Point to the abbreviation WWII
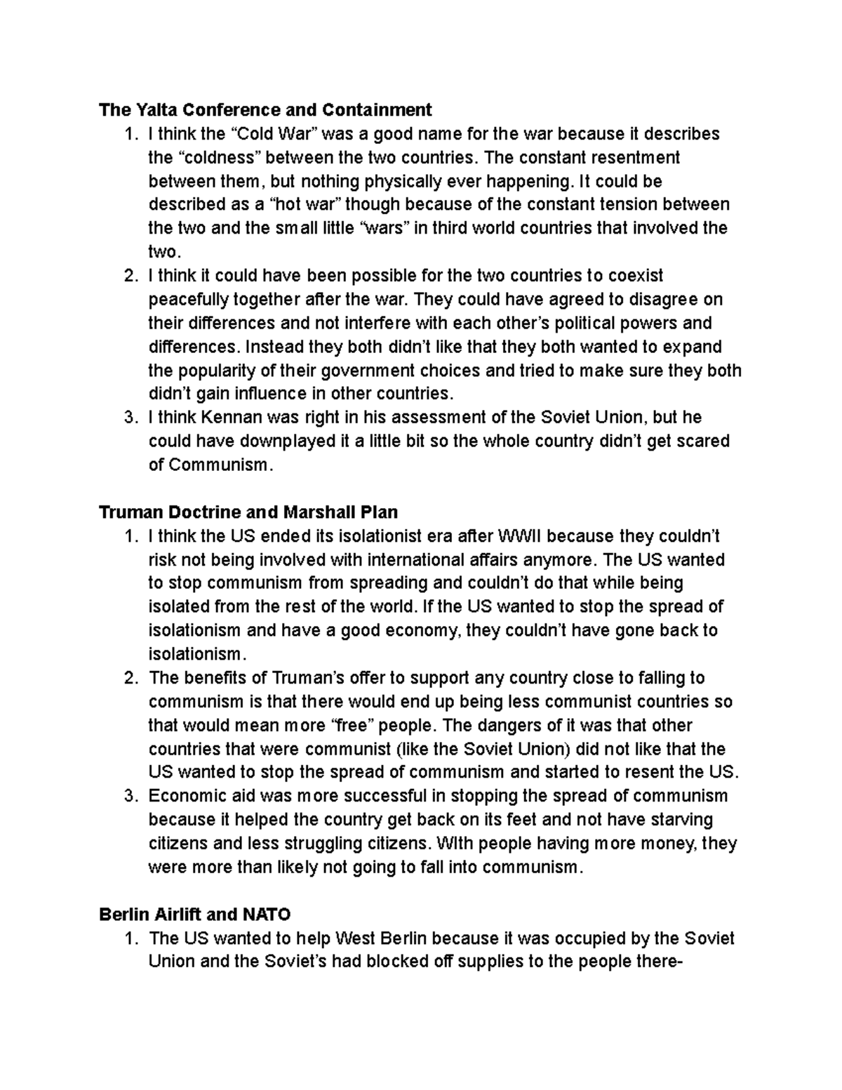[519, 537]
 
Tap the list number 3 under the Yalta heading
[128, 418]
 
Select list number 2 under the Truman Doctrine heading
[128, 678]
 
